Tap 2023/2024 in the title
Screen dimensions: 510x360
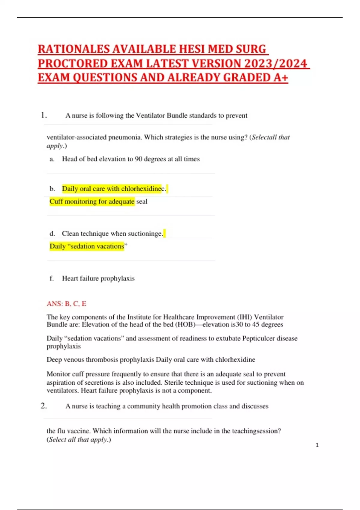tap(276, 64)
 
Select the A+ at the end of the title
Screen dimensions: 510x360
tap(281, 78)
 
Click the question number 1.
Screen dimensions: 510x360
tap(43, 115)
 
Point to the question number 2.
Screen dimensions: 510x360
tap(43, 406)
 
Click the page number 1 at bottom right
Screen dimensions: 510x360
tap(317, 445)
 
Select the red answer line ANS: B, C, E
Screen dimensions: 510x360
tap(66, 304)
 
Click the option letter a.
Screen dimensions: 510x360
tap(52, 159)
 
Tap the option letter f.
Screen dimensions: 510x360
tap(52, 278)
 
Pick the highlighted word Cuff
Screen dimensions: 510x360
tap(56, 201)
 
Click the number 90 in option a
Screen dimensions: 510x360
tap(139, 159)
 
